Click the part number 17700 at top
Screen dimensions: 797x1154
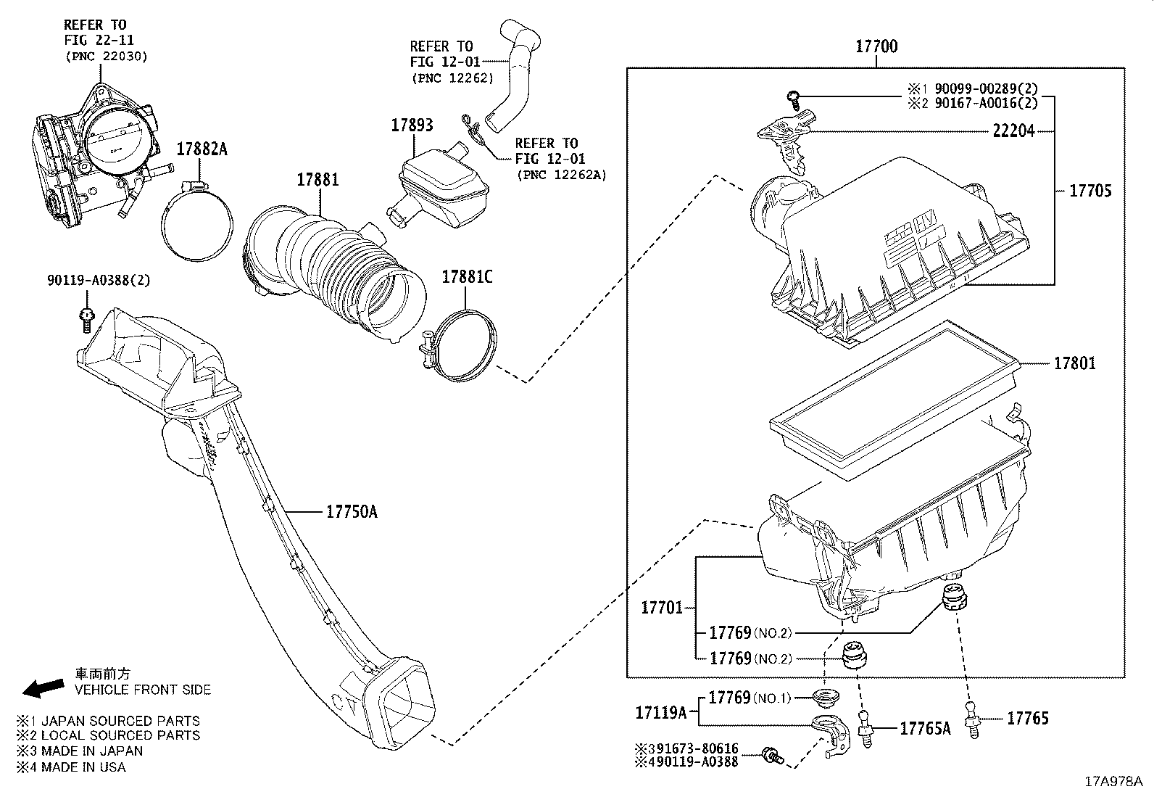point(876,47)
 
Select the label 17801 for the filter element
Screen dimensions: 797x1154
point(1074,363)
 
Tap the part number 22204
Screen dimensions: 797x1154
point(1013,131)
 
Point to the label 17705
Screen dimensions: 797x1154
point(1089,191)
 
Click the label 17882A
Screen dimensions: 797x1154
point(202,149)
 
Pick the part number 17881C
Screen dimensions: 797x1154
point(467,276)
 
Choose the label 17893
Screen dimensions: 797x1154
point(412,125)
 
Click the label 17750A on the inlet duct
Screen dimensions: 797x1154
point(352,512)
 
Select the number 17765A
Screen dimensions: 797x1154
point(924,728)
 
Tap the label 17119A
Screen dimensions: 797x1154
point(660,713)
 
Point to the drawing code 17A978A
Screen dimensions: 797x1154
point(1113,782)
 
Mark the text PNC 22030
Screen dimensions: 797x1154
point(106,56)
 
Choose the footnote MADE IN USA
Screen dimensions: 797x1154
point(83,767)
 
